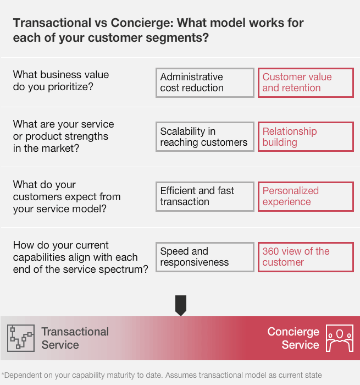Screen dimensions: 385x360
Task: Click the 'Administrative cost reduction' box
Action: pyautogui.click(x=205, y=82)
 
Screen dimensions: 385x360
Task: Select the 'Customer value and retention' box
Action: pyautogui.click(x=306, y=82)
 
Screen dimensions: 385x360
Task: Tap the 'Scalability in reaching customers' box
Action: pyautogui.click(x=205, y=137)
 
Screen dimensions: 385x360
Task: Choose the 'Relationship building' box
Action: pyautogui.click(x=306, y=137)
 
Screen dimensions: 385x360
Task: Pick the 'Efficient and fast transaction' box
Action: pyautogui.click(x=205, y=196)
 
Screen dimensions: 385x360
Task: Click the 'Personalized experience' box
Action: pyautogui.click(x=306, y=196)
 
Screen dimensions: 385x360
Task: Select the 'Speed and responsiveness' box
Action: pyautogui.click(x=205, y=257)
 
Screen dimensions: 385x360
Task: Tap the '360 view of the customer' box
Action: pyautogui.click(x=306, y=257)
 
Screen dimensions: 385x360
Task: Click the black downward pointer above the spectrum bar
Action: pyautogui.click(x=180, y=305)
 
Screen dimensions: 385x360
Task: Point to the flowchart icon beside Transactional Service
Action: pyautogui.click(x=21, y=338)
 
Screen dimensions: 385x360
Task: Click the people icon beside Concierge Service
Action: pyautogui.click(x=340, y=338)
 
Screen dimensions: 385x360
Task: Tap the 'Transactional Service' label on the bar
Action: pyautogui.click(x=75, y=338)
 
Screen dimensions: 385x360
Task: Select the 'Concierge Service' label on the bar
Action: pyautogui.click(x=293, y=338)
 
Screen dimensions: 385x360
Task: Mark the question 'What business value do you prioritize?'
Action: pyautogui.click(x=61, y=80)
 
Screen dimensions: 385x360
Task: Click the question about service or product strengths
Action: pyautogui.click(x=64, y=136)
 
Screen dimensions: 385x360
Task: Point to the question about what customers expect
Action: pyautogui.click(x=67, y=196)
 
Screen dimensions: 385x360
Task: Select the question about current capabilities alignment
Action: pyautogui.click(x=80, y=257)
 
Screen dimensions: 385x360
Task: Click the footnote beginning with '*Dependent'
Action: pyautogui.click(x=162, y=375)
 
